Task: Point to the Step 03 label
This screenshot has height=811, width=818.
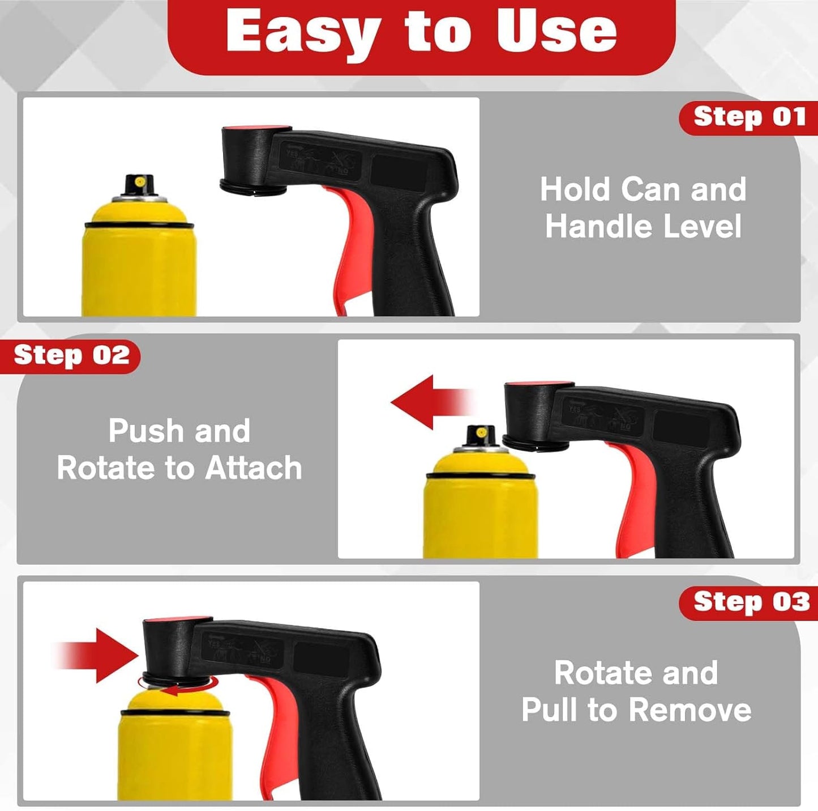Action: pos(750,603)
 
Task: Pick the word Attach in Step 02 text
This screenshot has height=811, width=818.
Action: pos(253,468)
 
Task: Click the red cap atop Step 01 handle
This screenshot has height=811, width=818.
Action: pos(257,129)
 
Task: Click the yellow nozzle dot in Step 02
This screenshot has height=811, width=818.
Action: pos(481,433)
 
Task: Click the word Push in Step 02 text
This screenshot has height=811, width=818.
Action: pos(145,431)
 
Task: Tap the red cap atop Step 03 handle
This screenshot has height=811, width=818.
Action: pos(177,620)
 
